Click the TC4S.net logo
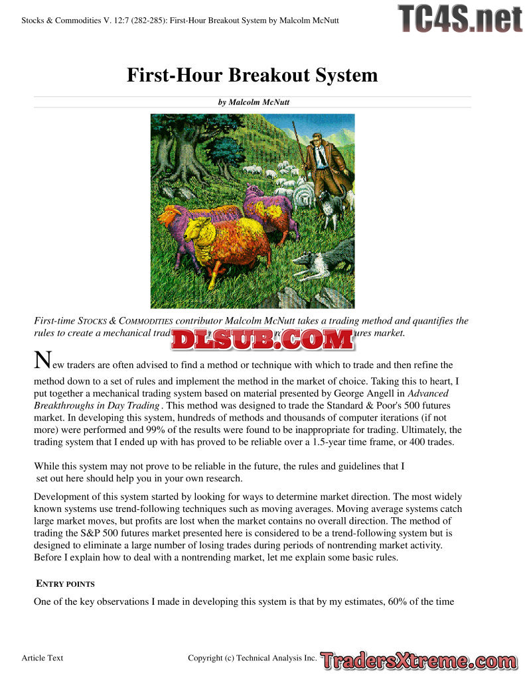tap(460, 18)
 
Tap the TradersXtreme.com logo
tap(418, 660)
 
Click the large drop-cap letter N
tap(42, 361)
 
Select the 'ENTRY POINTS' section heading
tap(65, 584)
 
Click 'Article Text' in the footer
tap(42, 658)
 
